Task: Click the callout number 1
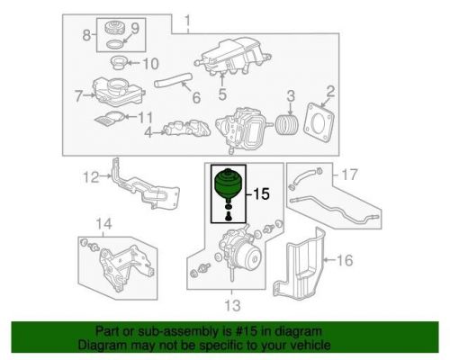(187, 21)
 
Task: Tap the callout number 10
(151, 63)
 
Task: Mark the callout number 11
(145, 117)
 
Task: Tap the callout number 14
(103, 223)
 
